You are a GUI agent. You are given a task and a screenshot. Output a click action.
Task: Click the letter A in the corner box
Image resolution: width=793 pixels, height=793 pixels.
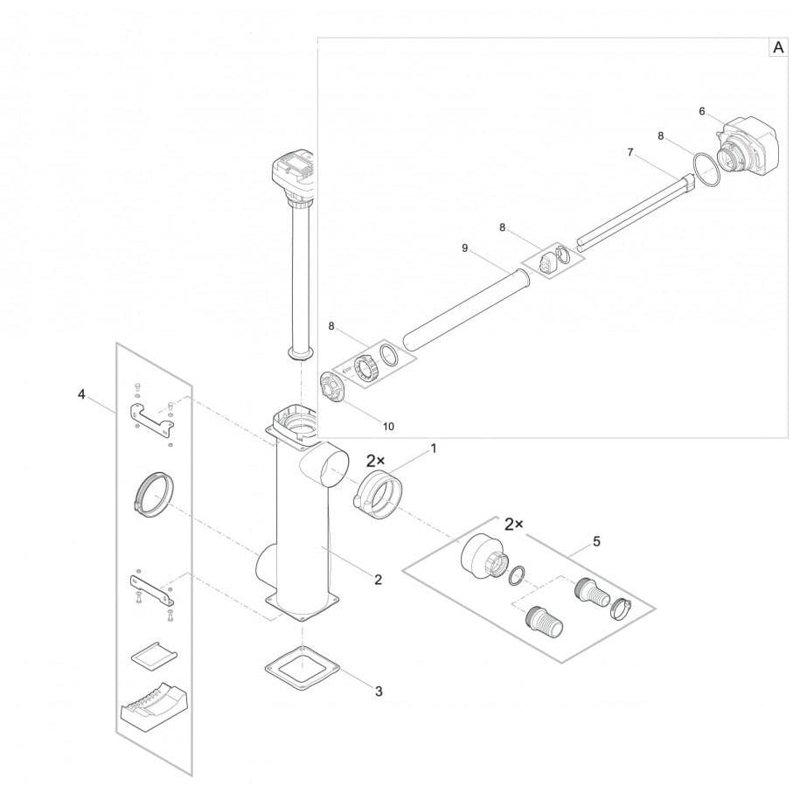coord(778,47)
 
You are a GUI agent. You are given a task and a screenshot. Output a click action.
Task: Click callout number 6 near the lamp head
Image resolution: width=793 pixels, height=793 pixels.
coord(702,111)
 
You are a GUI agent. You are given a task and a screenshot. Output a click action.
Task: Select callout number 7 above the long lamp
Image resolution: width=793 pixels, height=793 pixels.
coord(630,152)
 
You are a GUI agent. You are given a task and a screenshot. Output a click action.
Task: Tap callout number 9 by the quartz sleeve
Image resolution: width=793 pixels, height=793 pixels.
coord(465,247)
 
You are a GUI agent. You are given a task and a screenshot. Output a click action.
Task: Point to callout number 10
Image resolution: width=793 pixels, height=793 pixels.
coord(388,427)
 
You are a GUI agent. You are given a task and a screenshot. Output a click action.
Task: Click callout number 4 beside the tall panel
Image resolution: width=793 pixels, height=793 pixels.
coord(81,394)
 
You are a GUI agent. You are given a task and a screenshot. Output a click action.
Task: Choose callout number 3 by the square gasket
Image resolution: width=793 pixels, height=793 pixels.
coord(379,691)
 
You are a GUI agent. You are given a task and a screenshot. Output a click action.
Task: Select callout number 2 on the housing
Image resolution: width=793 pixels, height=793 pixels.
coord(379,580)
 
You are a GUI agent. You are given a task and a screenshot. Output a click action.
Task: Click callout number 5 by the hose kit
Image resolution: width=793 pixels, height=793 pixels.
coord(596,542)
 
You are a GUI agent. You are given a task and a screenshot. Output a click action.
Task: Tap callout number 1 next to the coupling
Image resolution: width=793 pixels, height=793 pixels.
coord(433,449)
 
